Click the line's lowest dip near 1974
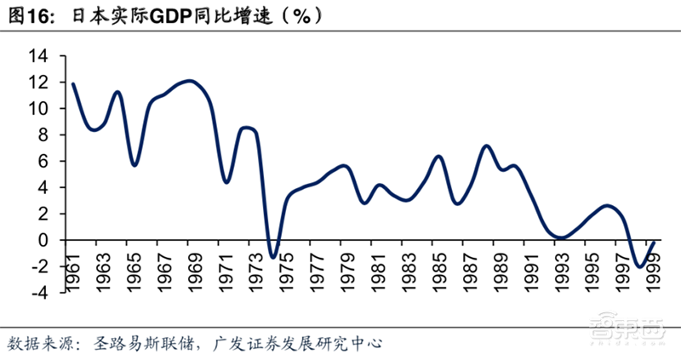pos(272,256)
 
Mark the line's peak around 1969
pos(191,81)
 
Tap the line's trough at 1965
pos(134,164)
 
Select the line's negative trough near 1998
pos(638,267)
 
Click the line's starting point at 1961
pos(73,83)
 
